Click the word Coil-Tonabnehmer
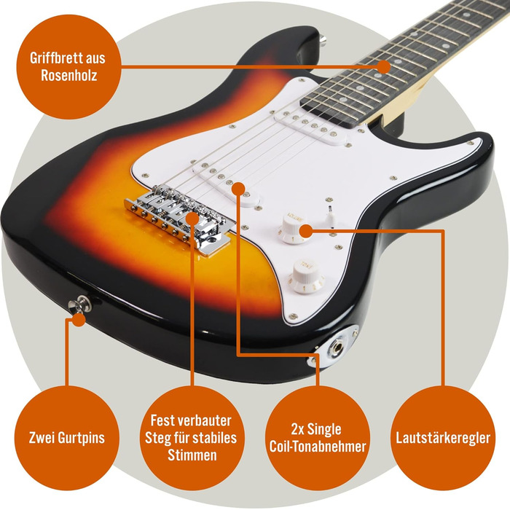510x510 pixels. pyautogui.click(x=315, y=445)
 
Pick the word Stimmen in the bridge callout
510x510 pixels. pyautogui.click(x=191, y=455)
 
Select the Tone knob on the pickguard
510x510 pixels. pyautogui.click(x=305, y=275)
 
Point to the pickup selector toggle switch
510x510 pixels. pyautogui.click(x=329, y=213)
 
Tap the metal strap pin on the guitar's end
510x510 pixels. pyautogui.click(x=77, y=307)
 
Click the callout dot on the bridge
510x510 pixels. pyautogui.click(x=193, y=216)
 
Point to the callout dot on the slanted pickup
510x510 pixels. pyautogui.click(x=239, y=188)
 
